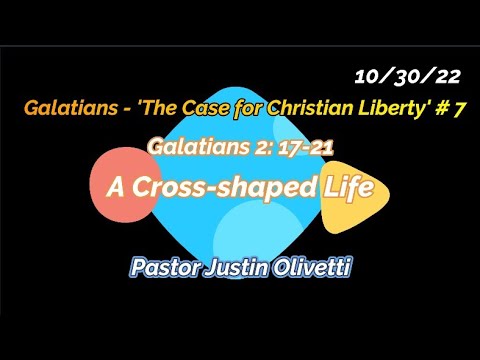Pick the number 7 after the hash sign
[x=459, y=111]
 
